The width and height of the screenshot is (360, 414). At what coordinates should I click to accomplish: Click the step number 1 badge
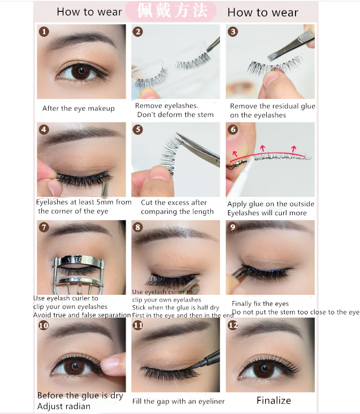(44, 32)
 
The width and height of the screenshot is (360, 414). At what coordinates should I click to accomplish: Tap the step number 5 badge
(138, 130)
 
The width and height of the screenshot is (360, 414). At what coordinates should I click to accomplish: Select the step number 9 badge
(233, 227)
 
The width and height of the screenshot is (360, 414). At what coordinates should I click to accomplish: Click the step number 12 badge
(233, 325)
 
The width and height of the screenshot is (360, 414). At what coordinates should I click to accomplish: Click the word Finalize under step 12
(274, 400)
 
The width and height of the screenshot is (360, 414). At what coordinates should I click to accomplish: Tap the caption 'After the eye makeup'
(79, 108)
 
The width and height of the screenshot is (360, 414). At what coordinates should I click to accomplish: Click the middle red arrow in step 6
(262, 148)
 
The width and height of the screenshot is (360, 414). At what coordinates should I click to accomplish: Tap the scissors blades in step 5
(198, 149)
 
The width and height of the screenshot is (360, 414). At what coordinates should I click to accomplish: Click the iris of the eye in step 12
(264, 369)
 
